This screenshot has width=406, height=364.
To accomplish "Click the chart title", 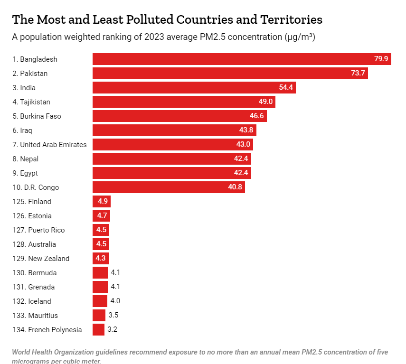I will [x=167, y=19].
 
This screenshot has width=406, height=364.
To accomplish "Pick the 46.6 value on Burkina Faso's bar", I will [x=256, y=116].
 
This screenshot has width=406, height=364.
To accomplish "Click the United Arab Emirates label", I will [x=50, y=145].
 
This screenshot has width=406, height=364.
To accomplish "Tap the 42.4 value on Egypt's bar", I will [x=241, y=173].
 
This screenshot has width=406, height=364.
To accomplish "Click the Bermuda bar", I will [x=100, y=273].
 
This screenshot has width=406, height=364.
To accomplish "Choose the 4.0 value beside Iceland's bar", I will [x=115, y=301].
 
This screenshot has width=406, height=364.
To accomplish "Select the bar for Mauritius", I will [x=99, y=316].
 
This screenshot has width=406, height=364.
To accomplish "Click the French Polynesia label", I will [x=47, y=330].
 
